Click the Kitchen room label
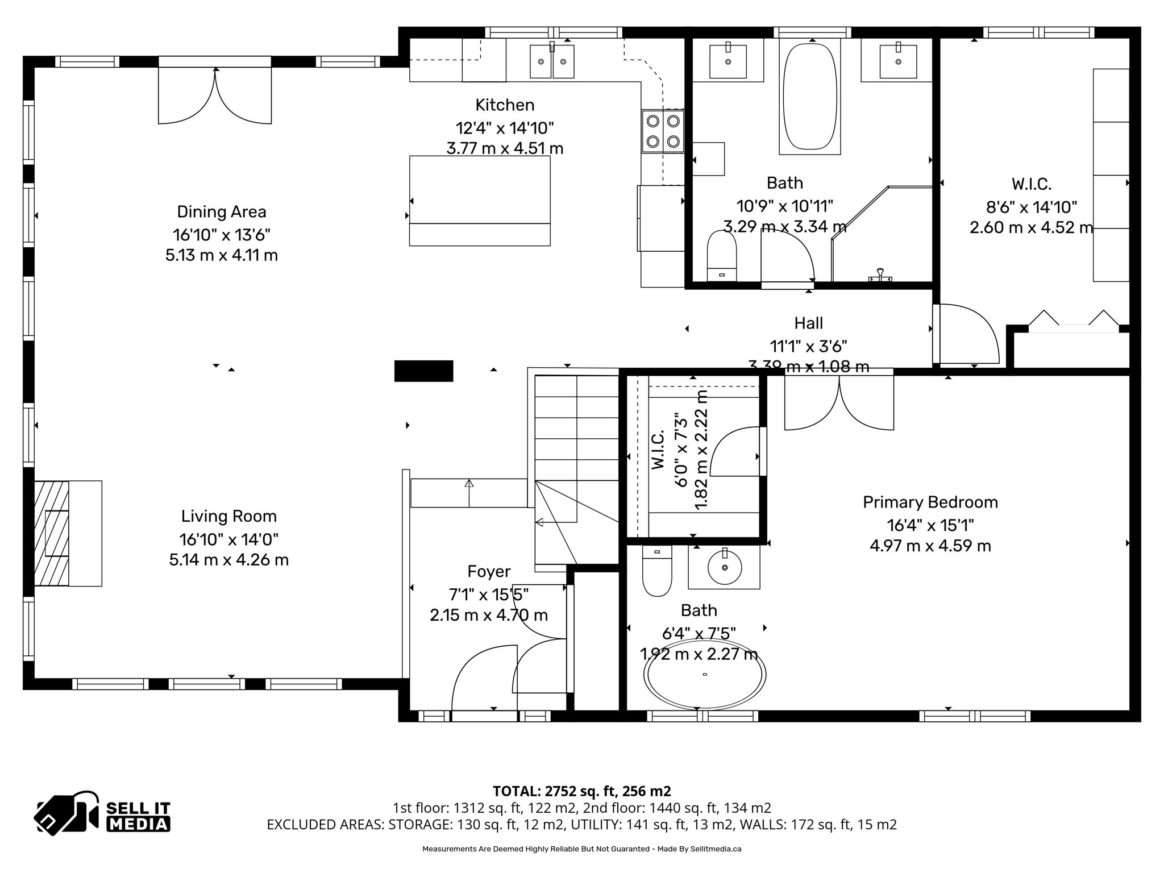pyautogui.click(x=505, y=105)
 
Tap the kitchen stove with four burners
pyautogui.click(x=663, y=131)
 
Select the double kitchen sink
pyautogui.click(x=552, y=61)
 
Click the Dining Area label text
pyautogui.click(x=221, y=212)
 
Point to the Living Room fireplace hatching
pyautogui.click(x=51, y=533)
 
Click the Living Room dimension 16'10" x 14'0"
pyautogui.click(x=228, y=539)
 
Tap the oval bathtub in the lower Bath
pyautogui.click(x=704, y=675)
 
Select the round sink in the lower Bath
pyautogui.click(x=724, y=567)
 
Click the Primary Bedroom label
pyautogui.click(x=930, y=502)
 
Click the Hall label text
pyautogui.click(x=808, y=323)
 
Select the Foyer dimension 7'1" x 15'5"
pyautogui.click(x=489, y=595)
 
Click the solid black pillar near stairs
pyautogui.click(x=423, y=371)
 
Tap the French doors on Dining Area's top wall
pyautogui.click(x=215, y=94)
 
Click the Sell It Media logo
pyautogui.click(x=102, y=813)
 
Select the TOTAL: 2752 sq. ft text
pyautogui.click(x=581, y=791)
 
